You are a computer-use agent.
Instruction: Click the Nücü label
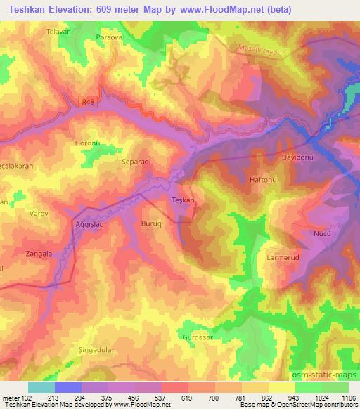(322, 233)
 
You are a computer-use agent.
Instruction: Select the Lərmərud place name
(283, 257)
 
